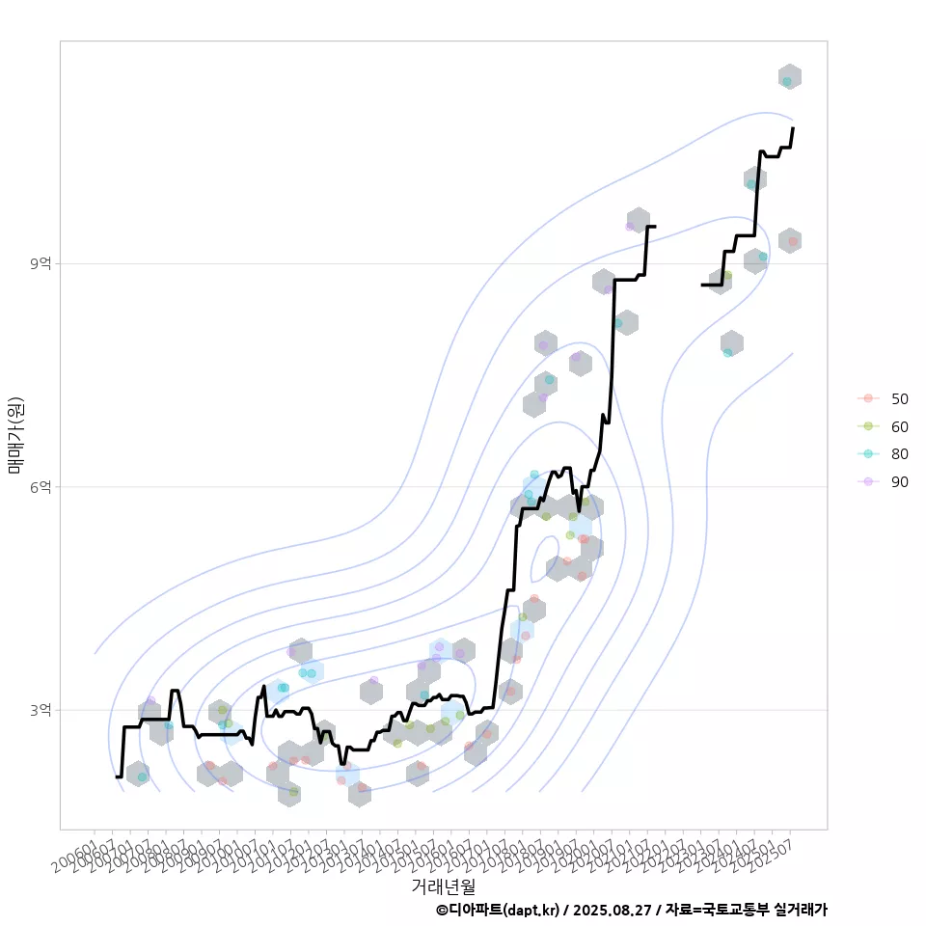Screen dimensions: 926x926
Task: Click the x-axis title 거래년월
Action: point(443,885)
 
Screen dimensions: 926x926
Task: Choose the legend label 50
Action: point(899,398)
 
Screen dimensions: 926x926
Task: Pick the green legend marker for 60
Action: point(868,426)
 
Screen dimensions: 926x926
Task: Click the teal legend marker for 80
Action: point(868,454)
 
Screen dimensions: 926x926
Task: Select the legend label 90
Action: point(899,482)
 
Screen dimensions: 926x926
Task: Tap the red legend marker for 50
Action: point(868,398)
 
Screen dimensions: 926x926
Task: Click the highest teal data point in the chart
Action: point(787,82)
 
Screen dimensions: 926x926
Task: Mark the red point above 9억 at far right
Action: point(792,241)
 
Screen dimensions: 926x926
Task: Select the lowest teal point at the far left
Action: point(142,776)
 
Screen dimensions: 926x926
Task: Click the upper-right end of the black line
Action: point(793,128)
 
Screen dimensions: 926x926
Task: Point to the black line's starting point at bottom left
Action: point(116,776)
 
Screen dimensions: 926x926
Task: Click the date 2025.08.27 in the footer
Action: point(613,910)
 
